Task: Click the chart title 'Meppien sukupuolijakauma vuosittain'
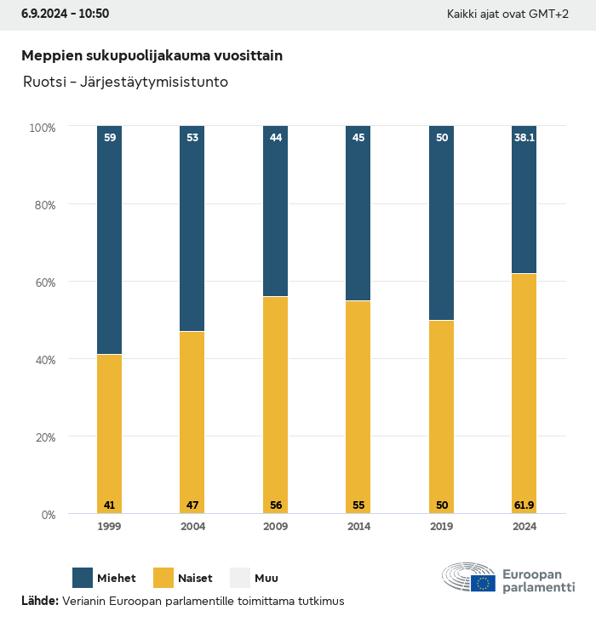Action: [152, 55]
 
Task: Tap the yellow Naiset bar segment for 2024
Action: [524, 391]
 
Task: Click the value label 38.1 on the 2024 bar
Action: [524, 137]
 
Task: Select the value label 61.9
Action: [524, 505]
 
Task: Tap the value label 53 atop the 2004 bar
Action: [192, 137]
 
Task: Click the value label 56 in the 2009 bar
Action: [275, 505]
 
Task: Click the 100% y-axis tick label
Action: [42, 128]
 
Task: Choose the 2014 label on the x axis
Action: [358, 527]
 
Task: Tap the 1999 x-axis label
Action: [109, 527]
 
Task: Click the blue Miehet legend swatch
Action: [83, 578]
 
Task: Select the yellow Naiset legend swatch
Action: [163, 578]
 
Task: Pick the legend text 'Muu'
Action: [266, 579]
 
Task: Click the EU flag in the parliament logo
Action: [484, 583]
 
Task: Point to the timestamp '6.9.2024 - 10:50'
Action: [65, 14]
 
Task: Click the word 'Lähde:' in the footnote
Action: [40, 602]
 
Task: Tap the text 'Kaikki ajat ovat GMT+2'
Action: [507, 14]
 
